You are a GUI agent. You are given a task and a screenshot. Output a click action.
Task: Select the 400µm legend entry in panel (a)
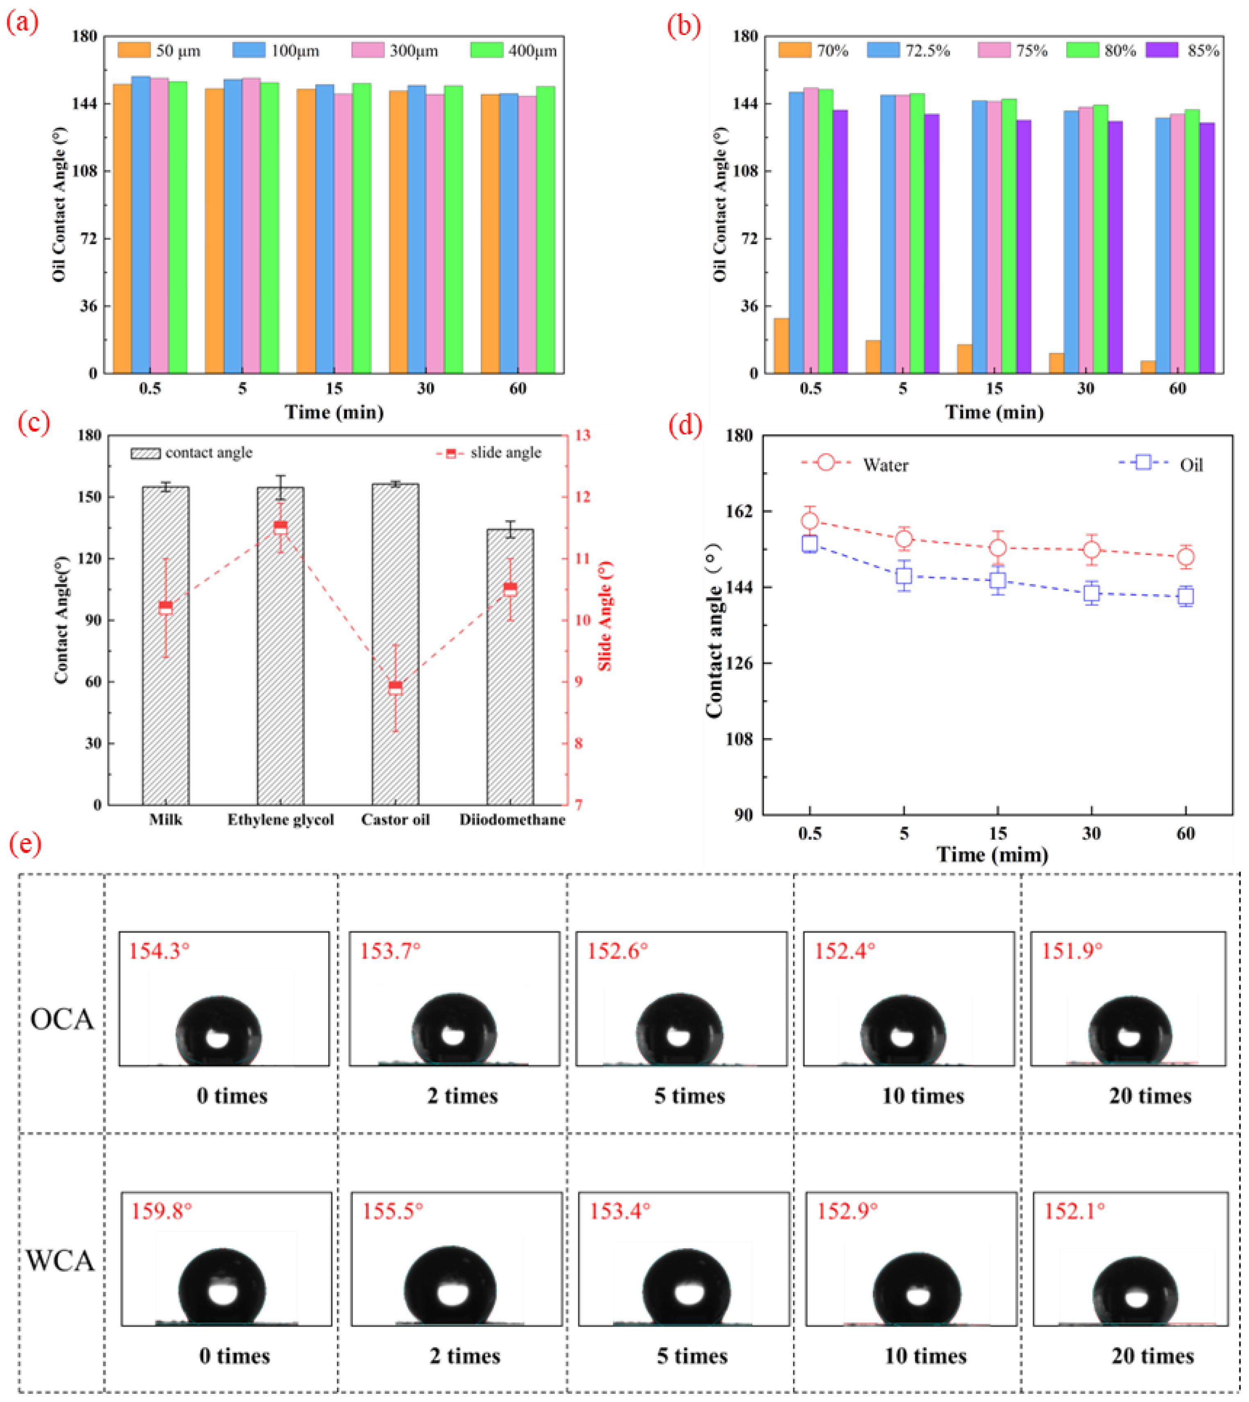[514, 50]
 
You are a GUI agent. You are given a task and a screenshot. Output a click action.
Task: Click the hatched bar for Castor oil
[395, 644]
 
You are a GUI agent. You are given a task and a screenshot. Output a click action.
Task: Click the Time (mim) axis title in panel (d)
[992, 855]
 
